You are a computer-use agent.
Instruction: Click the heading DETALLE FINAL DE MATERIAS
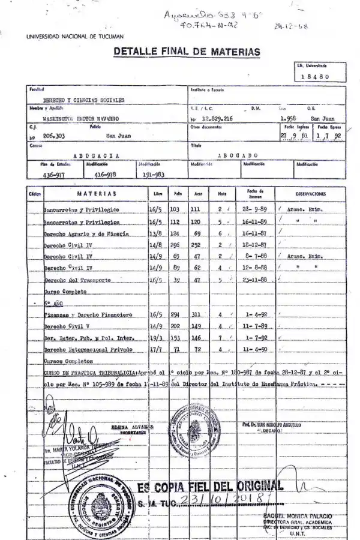tap(187, 52)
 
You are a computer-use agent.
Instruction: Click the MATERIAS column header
tap(96, 194)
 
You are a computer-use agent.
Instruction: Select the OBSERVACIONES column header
tap(310, 194)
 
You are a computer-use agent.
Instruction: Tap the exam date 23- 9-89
tap(251, 209)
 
